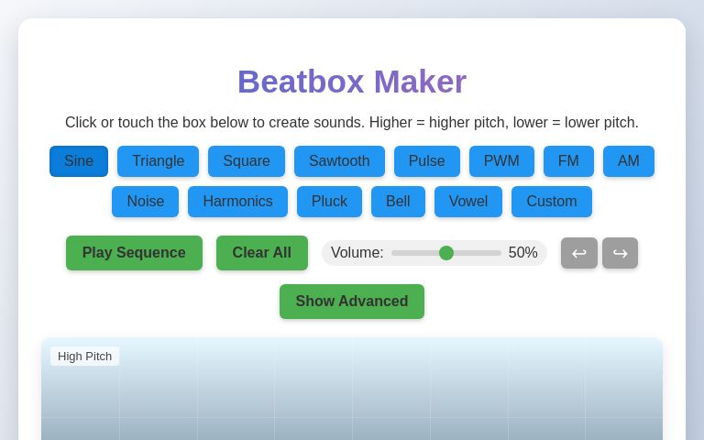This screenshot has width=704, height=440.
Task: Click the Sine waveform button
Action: point(79,161)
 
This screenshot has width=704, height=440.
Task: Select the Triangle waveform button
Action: point(158,161)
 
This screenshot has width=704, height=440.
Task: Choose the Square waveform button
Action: point(247,161)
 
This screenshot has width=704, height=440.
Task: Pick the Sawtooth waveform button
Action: point(339,161)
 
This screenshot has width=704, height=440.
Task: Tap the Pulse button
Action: point(426,161)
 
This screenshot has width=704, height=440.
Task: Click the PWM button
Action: point(501,161)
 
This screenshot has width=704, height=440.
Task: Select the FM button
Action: point(568,161)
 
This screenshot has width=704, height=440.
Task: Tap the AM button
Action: point(628,161)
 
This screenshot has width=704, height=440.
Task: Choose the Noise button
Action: point(145,202)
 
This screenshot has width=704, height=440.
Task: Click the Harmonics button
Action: point(237,202)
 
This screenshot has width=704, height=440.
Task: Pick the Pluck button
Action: point(329,202)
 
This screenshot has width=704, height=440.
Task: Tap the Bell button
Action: point(398,202)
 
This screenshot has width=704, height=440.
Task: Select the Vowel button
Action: point(467,202)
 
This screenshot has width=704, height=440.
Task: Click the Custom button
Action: point(551,202)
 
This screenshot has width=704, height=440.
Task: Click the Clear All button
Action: point(261,253)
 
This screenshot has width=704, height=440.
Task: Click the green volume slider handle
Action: point(446,253)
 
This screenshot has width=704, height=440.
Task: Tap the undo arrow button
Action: point(578,253)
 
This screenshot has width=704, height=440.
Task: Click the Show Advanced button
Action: point(351,302)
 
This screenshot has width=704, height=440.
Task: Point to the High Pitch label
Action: point(84,357)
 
